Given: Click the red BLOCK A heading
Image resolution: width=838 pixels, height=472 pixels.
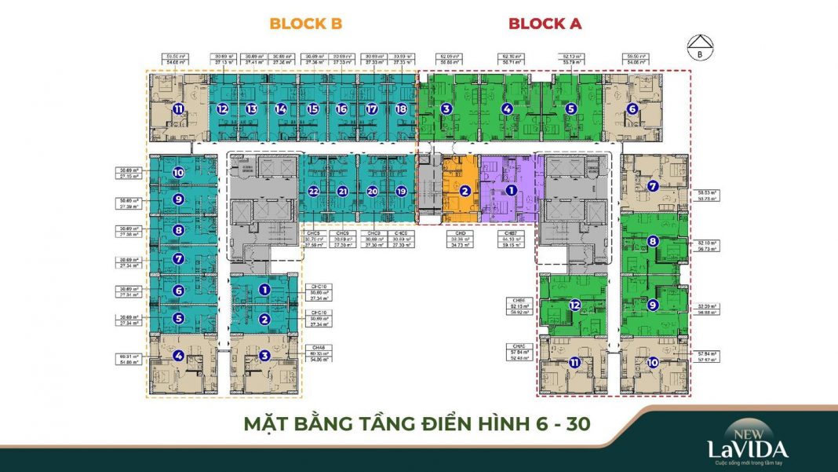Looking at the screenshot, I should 545,24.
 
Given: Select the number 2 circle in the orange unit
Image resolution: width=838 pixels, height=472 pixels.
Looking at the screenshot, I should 465,191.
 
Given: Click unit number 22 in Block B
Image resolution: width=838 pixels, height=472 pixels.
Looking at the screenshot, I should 314,191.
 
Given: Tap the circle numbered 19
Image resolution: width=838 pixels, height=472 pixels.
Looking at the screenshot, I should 402,191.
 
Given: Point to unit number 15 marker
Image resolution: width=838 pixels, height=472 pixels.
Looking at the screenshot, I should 313,109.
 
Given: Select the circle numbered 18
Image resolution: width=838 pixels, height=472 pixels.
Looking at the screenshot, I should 402,109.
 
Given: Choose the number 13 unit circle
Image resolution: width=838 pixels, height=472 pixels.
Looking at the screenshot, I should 251,109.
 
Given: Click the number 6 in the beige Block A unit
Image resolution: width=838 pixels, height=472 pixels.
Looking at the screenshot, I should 632,109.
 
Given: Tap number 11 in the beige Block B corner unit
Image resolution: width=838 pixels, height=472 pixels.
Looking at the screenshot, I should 179,109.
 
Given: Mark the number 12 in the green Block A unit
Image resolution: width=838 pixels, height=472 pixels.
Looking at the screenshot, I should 575,305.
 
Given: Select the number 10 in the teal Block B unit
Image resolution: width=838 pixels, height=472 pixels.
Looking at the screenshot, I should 179,172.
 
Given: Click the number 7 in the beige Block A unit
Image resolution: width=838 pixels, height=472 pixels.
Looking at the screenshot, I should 653,186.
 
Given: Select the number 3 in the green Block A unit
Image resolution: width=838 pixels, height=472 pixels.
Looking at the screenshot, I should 446,109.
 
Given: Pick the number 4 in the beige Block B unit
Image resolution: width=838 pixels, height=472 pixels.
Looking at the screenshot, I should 179,356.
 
